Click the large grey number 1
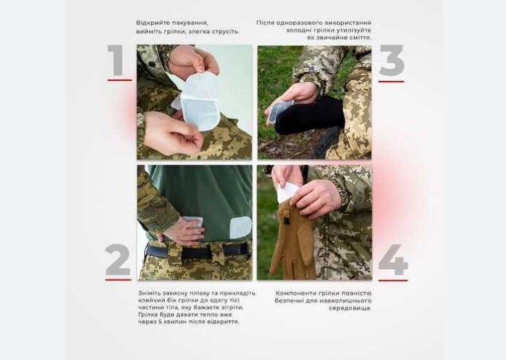[116, 60]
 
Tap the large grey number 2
[117, 259]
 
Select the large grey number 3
[392, 60]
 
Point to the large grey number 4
[393, 260]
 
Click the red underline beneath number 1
[119, 80]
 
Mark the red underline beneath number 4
[393, 280]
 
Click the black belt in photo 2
[198, 251]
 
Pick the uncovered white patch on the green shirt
[240, 227]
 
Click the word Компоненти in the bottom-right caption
[293, 293]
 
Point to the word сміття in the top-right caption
[360, 38]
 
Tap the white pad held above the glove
[288, 192]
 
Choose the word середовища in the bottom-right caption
[350, 308]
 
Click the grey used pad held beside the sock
[280, 111]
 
